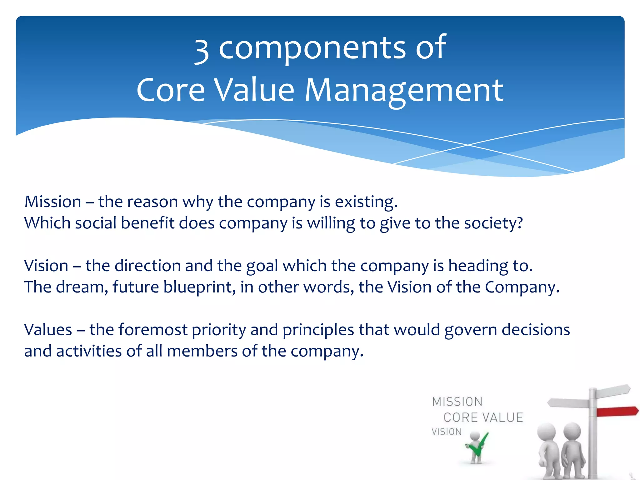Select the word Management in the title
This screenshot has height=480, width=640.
[x=404, y=91]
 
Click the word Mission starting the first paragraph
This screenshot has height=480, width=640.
[x=53, y=202]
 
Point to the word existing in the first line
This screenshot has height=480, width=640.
[x=366, y=202]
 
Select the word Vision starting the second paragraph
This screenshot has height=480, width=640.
[x=46, y=266]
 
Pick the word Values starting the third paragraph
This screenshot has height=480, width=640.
[x=48, y=330]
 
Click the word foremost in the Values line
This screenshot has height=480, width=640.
[x=153, y=330]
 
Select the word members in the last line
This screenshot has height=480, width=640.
[x=202, y=351]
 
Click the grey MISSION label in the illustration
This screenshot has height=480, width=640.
[x=457, y=402]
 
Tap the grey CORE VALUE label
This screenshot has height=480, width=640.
[x=483, y=417]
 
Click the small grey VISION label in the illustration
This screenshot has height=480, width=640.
[x=447, y=432]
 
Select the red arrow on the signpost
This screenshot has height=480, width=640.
[x=616, y=411]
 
